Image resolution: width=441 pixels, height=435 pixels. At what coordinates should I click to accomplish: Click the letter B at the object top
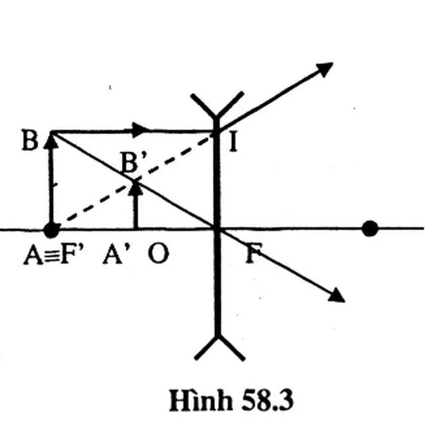pos(30,140)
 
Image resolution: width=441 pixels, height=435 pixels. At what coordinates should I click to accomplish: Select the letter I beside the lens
pos(233,142)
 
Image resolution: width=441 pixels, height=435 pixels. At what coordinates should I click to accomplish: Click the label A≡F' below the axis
pos(53,254)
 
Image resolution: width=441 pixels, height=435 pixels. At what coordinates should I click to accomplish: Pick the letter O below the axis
pos(158,254)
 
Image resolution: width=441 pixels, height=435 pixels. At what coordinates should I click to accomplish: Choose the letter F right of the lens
pos(254,253)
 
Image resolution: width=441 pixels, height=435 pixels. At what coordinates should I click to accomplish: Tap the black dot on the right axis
pos(370,229)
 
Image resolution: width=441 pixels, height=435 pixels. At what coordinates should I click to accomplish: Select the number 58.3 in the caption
pos(267,400)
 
